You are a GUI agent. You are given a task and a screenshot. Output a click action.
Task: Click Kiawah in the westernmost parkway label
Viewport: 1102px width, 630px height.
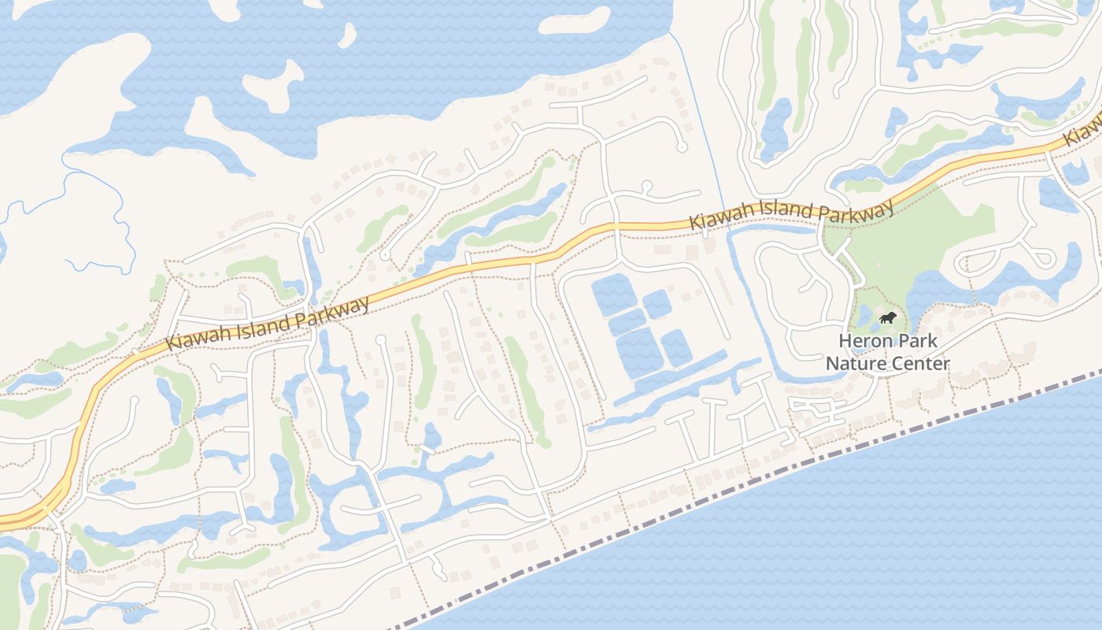click(x=194, y=338)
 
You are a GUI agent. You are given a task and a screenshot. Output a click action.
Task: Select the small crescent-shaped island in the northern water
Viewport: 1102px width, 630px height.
click(x=346, y=34)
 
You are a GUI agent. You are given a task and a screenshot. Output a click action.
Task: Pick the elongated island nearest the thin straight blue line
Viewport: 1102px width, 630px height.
click(x=575, y=20)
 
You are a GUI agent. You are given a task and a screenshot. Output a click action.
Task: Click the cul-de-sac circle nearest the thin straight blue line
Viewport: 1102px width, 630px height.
click(x=682, y=146)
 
